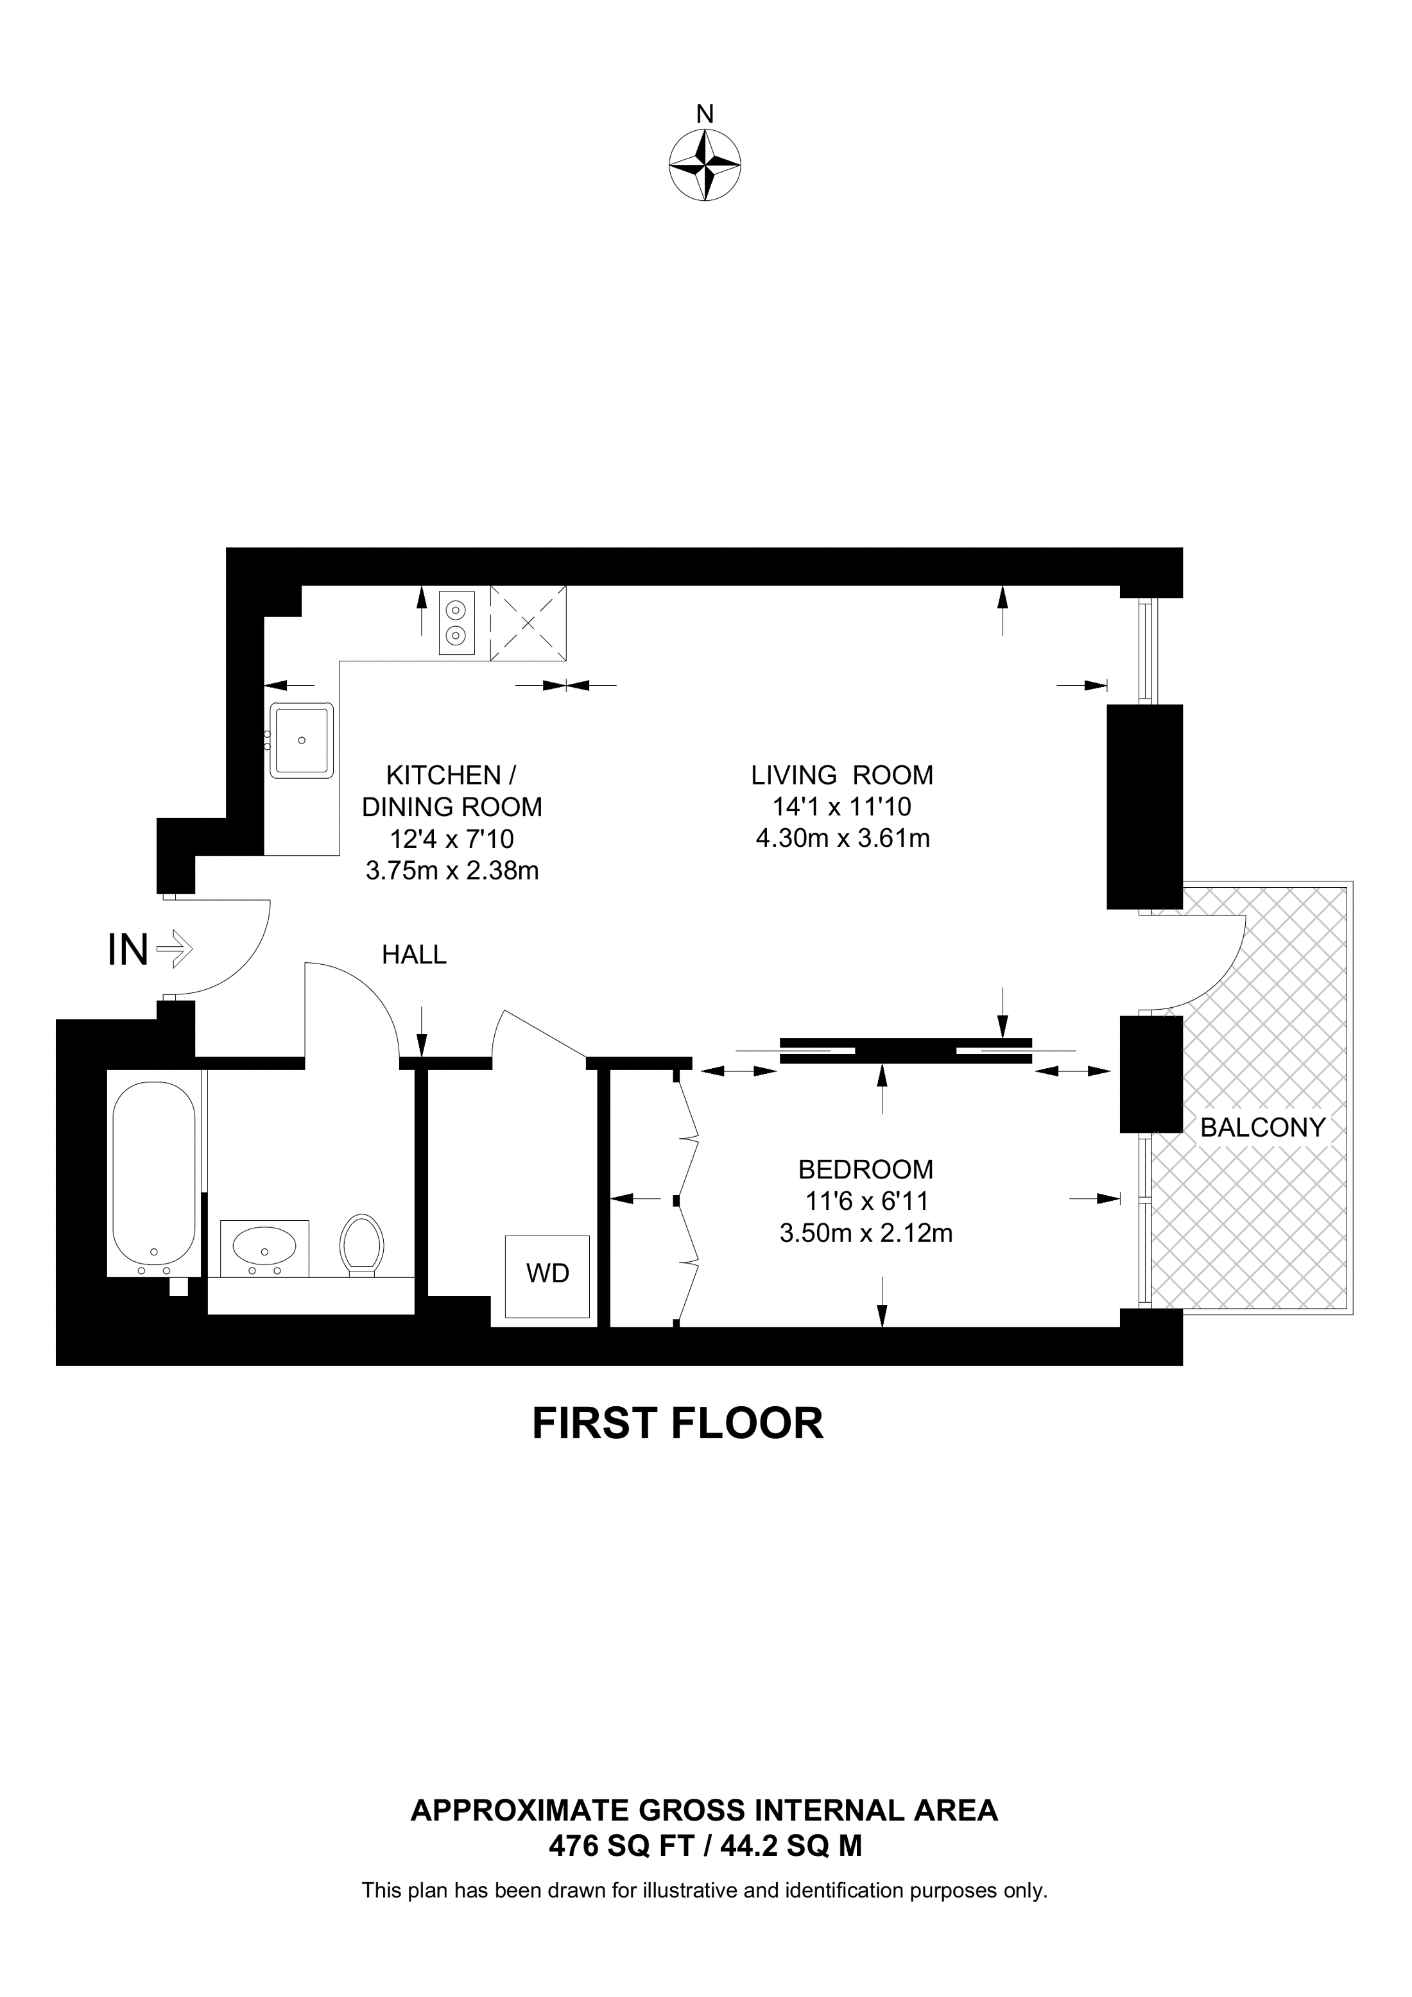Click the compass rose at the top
point(705,166)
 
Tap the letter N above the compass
point(705,114)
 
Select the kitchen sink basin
point(302,740)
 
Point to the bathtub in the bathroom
point(154,1178)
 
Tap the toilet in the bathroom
point(362,1246)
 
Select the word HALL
point(414,955)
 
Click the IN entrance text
point(128,950)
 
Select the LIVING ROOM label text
point(842,774)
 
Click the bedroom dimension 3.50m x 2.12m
point(866,1234)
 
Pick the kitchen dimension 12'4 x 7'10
point(452,838)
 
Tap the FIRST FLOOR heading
point(678,1424)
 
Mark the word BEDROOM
point(866,1168)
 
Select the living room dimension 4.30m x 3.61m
point(843,838)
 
